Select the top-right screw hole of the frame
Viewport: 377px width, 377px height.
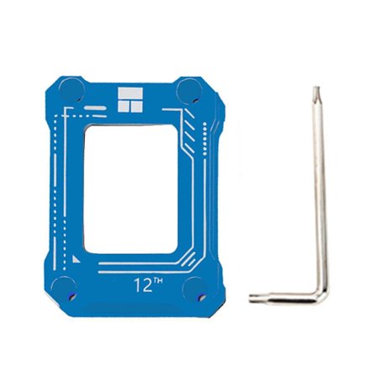(188, 89)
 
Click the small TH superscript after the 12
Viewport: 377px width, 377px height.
(156, 280)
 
